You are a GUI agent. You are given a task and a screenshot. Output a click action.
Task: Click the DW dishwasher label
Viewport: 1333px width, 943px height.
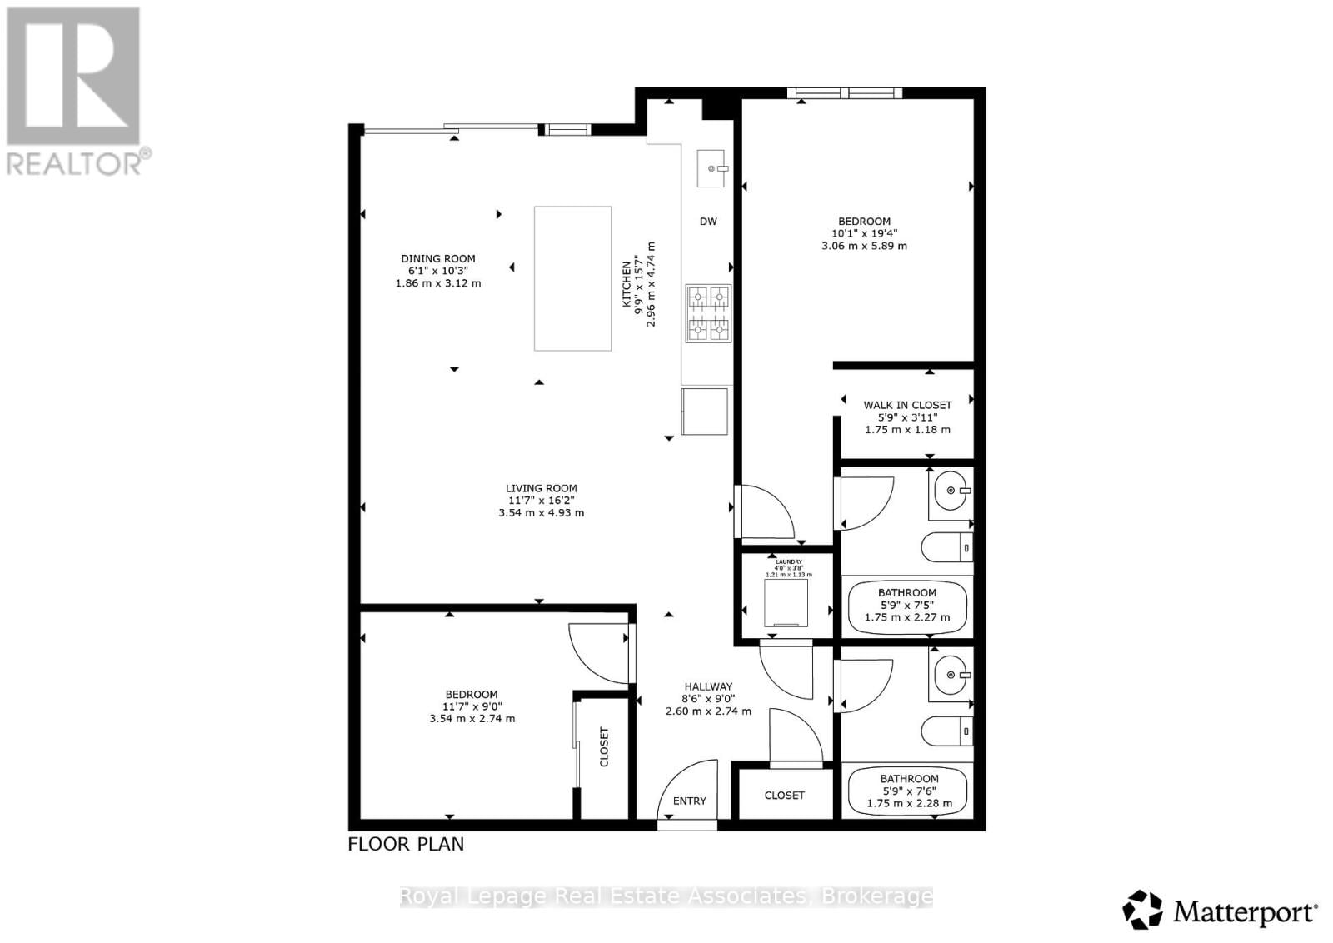pos(708,222)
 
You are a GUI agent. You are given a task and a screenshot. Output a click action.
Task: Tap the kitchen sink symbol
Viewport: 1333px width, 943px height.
pos(711,168)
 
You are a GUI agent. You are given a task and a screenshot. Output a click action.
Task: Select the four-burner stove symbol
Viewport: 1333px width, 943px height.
pos(708,313)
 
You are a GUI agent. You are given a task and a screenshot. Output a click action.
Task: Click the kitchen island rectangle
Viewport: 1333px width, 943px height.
pos(572,278)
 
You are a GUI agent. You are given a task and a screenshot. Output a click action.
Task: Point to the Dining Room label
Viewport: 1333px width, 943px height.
pos(438,259)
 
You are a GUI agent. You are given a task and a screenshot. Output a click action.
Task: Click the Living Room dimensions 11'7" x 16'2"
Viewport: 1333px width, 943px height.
pos(542,501)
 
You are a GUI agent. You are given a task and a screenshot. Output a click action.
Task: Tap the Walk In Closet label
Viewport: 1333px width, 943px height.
pos(907,405)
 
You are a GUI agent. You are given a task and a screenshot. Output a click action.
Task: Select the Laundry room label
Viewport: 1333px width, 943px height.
pos(788,562)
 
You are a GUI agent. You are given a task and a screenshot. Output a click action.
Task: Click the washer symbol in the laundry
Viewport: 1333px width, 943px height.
pos(786,602)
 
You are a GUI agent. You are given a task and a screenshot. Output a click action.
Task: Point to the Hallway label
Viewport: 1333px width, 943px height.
pos(708,686)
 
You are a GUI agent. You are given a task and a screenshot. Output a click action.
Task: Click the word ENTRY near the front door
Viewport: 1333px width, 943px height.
pos(690,801)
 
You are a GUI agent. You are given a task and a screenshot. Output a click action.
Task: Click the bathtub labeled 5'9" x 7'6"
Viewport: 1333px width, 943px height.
pos(908,792)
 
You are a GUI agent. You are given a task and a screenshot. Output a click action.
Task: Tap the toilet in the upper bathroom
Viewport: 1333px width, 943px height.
pos(947,547)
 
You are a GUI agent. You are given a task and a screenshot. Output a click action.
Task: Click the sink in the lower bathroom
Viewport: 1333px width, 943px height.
pos(951,676)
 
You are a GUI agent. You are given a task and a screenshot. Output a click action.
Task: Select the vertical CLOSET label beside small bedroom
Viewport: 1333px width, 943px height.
pos(604,746)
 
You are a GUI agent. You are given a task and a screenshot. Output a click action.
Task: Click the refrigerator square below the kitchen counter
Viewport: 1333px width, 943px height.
pos(705,412)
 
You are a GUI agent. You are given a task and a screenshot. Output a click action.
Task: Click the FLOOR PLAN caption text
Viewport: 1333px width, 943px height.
pos(406,844)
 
